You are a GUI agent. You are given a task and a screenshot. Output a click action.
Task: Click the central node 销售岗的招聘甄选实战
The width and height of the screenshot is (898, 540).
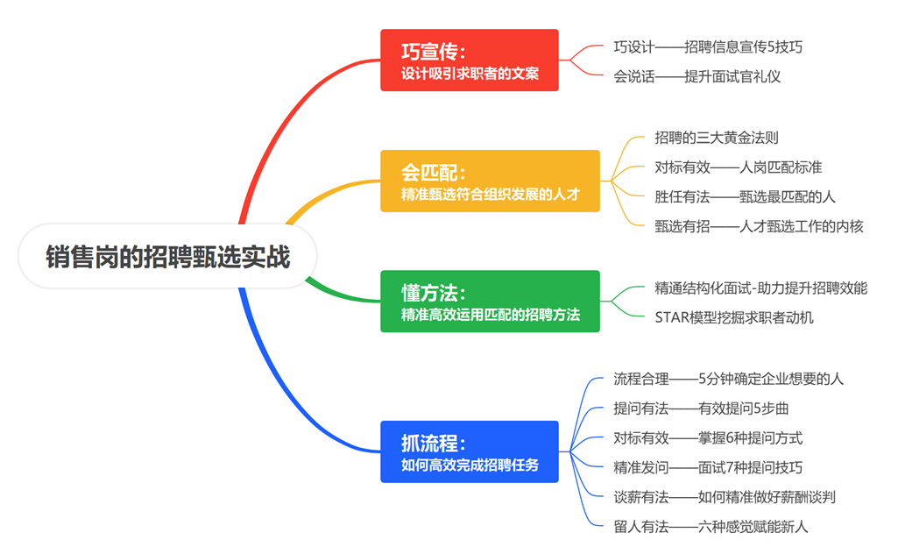(167, 257)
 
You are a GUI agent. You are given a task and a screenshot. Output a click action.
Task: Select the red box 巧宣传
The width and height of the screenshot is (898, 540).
(469, 60)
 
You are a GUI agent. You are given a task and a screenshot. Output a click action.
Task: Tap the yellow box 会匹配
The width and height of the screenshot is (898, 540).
(490, 181)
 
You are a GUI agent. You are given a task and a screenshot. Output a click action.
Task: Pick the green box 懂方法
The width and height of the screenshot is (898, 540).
(490, 301)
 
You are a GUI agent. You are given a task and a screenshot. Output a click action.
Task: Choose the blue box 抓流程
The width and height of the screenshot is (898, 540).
(469, 451)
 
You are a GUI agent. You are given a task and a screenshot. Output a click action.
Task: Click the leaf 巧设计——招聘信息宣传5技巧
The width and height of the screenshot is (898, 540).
(708, 46)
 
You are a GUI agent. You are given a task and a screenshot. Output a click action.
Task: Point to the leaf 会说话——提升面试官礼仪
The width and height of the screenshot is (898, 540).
(696, 76)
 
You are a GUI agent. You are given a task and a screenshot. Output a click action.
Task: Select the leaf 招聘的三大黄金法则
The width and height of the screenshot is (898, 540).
(717, 137)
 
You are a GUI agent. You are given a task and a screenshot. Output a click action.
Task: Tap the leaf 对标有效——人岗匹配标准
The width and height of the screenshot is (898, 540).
(738, 167)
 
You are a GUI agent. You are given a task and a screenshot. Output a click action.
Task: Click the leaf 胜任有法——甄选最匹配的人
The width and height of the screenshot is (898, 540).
(745, 196)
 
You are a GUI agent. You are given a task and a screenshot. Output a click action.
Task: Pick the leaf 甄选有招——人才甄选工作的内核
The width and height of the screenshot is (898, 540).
(759, 226)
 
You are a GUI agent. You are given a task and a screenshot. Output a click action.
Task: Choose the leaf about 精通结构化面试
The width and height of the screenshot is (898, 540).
(760, 288)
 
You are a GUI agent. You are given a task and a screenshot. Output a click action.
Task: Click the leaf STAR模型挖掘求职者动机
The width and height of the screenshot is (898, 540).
(733, 317)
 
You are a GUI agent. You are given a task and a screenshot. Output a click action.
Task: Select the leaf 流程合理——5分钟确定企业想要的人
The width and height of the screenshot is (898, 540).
(728, 379)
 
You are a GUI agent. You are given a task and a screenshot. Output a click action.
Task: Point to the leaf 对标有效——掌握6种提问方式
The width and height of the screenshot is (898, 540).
(708, 437)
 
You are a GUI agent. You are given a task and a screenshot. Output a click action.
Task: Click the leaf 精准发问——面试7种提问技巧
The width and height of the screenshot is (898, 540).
(708, 467)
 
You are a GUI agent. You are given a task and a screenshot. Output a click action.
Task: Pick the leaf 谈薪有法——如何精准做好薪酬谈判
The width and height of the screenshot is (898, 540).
(724, 497)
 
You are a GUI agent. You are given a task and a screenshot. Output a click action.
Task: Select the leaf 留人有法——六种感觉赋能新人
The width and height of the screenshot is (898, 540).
(711, 527)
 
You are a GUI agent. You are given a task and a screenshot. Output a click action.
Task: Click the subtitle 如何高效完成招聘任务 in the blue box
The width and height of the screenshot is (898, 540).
(470, 465)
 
